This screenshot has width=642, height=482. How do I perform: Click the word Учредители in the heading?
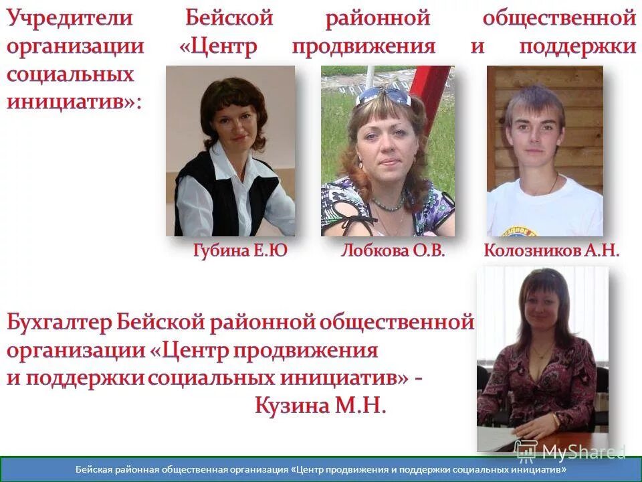tap(71, 18)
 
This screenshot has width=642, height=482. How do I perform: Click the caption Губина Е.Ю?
tap(239, 252)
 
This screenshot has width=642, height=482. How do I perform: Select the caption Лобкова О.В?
tap(393, 252)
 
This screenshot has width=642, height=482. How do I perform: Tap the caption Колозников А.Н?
tap(551, 252)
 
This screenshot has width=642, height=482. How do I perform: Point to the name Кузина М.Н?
tap(320, 406)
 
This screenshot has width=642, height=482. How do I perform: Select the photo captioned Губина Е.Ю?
tap(230, 151)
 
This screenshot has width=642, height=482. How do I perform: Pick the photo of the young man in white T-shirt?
tap(544, 151)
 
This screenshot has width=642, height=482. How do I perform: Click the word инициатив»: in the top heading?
tap(74, 102)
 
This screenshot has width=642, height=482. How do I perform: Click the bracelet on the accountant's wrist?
tap(555, 420)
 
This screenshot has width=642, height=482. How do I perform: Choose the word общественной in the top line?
tap(558, 18)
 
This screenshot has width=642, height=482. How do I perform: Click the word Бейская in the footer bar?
tap(93, 470)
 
